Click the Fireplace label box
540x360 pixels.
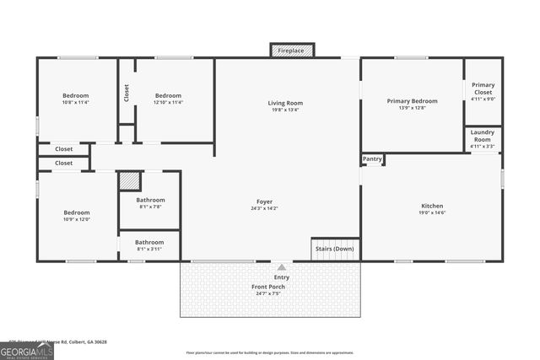pos(292,51)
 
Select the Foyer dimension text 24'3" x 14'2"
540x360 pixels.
pos(264,208)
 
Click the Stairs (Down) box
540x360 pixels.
pos(335,249)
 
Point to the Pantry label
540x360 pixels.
pos(372,159)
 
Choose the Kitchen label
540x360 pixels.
pos(432,206)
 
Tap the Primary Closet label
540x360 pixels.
pos(483,88)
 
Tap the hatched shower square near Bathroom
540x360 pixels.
pos(128,181)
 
